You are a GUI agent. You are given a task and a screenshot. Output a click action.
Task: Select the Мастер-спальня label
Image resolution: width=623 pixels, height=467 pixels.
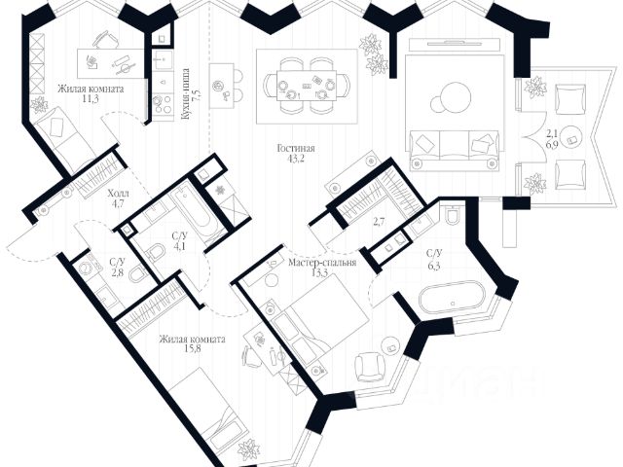[x=322, y=263]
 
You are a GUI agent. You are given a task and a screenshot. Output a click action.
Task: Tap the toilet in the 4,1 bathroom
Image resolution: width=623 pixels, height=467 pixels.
[x=153, y=253]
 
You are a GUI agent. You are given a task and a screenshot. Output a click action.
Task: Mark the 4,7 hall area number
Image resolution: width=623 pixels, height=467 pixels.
[x=118, y=205]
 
